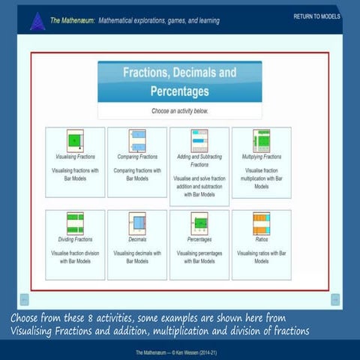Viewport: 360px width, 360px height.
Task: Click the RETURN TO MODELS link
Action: [316, 16]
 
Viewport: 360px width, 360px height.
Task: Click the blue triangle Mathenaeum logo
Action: [37, 20]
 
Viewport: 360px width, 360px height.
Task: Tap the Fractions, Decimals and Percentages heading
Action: [179, 82]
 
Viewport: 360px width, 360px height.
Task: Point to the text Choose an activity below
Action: [179, 110]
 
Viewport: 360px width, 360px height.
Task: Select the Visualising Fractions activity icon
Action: [75, 141]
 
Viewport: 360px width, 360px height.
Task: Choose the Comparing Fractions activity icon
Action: [136, 141]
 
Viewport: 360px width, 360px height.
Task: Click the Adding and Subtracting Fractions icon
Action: [199, 141]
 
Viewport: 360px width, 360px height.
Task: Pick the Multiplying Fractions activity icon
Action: [261, 141]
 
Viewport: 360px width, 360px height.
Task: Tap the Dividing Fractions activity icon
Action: [75, 222]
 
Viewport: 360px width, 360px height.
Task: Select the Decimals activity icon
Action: [136, 222]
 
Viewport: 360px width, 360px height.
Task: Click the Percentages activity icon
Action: [199, 222]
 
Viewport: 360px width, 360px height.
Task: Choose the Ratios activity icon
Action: [261, 222]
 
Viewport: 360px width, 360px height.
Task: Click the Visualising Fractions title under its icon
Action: [75, 157]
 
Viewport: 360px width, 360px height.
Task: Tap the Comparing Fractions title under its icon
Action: [136, 157]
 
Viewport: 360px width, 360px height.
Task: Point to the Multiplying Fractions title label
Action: [261, 157]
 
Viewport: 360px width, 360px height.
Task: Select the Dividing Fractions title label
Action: [75, 239]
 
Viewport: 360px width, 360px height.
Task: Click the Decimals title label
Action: [136, 239]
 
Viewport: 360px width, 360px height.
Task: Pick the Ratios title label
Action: [261, 239]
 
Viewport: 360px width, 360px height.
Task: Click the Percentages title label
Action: [199, 239]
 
